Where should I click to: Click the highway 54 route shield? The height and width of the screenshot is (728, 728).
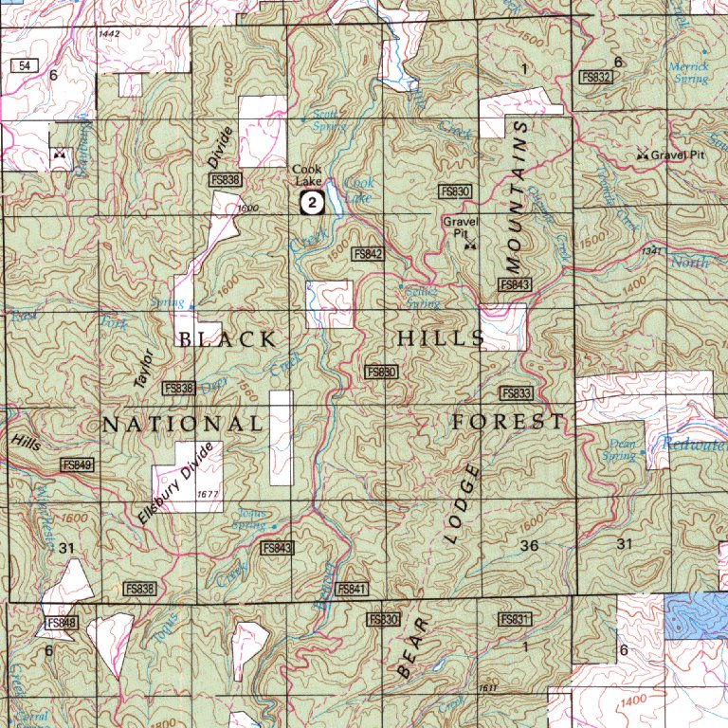24,64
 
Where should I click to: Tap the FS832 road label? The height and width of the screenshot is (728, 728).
596,77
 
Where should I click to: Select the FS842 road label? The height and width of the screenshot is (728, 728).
367,254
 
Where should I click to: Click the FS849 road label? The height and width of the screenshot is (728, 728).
77,464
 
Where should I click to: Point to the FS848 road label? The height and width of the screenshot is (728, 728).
59,623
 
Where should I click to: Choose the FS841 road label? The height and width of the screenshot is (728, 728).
351,589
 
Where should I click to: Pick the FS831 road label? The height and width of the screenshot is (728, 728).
514,618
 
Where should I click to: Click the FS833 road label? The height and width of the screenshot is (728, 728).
516,393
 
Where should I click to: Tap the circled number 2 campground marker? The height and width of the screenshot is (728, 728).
312,202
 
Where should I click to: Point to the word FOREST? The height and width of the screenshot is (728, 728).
508,422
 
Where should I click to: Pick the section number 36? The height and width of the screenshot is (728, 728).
529,545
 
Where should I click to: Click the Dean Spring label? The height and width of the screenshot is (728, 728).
622,448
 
